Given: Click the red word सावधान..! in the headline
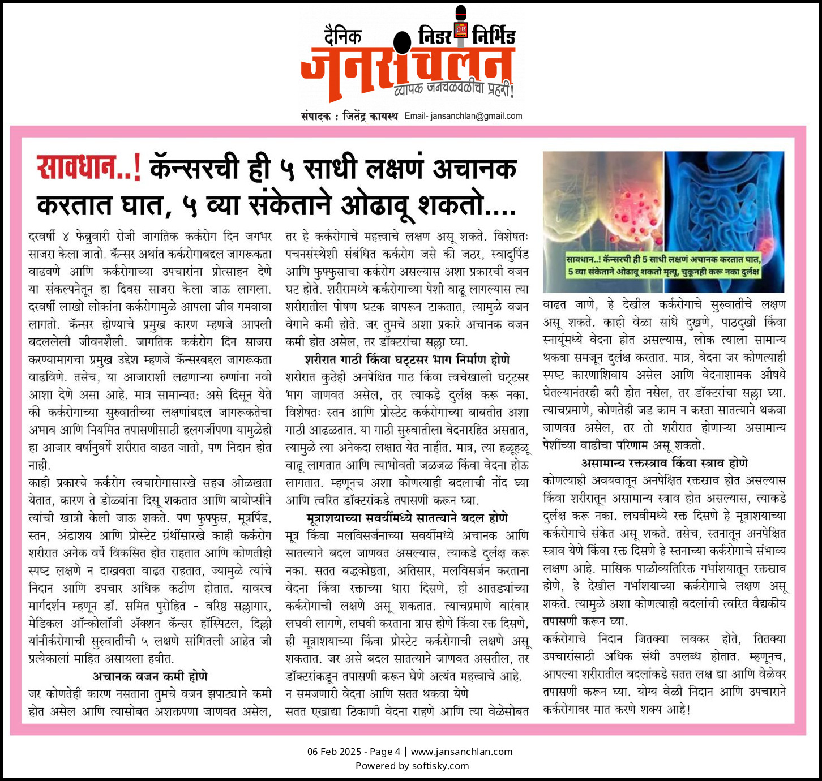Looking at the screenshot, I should (89, 168).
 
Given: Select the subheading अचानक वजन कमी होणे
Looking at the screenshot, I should (150, 676).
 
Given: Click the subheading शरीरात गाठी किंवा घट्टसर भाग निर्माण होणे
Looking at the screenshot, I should (407, 360).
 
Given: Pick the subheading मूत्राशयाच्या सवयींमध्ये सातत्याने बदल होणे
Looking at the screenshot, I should (407, 518).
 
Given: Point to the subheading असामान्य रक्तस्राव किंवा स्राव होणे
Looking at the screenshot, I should (664, 463).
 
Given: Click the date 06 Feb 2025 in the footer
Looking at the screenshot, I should (334, 752).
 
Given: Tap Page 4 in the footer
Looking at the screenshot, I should (385, 752).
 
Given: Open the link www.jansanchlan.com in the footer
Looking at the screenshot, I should (461, 752).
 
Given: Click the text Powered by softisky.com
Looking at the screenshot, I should (412, 766).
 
